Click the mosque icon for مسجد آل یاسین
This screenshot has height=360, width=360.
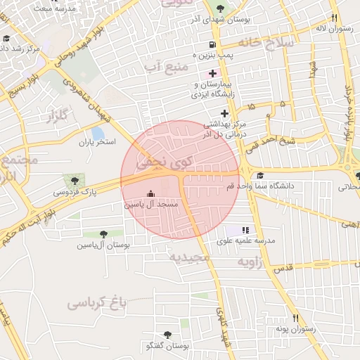(149, 193)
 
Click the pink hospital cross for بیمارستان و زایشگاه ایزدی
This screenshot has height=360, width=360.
(212, 73)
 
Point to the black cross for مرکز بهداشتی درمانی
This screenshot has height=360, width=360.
(225, 113)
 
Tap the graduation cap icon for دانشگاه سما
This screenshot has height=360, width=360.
(260, 176)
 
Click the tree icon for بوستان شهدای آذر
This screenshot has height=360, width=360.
(221, 8)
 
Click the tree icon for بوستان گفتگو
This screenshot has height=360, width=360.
(167, 335)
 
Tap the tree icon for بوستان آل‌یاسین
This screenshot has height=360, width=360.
(104, 234)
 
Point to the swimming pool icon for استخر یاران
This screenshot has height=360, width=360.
(98, 132)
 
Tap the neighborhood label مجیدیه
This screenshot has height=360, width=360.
(189, 257)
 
